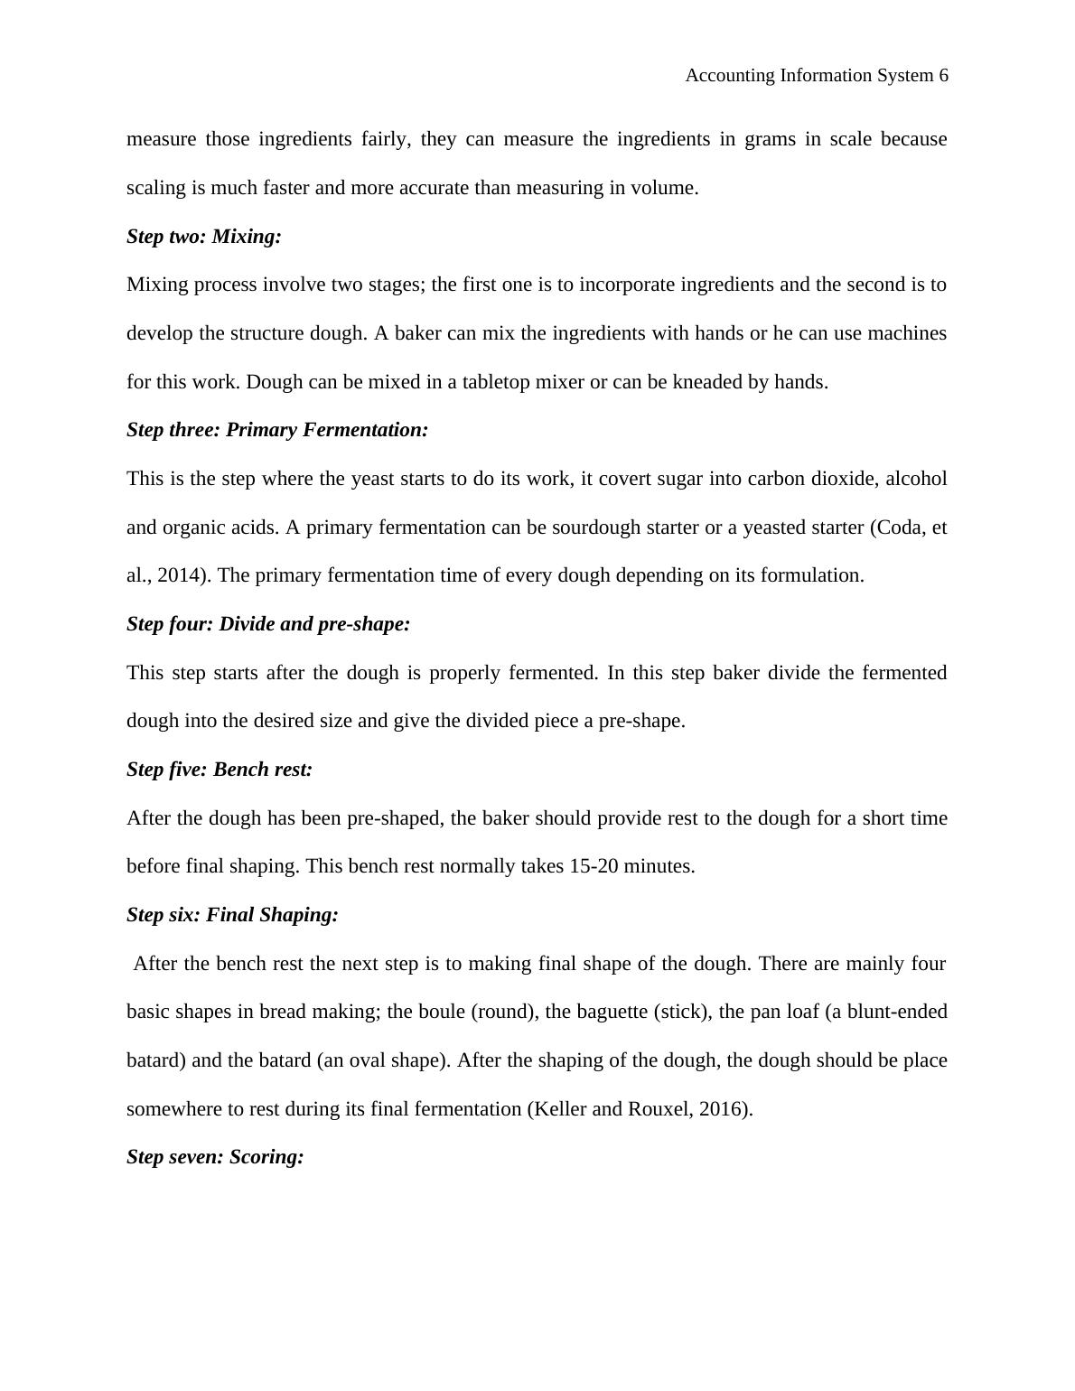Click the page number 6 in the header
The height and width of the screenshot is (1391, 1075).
coord(943,76)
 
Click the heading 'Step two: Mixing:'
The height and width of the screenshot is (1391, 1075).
coord(204,237)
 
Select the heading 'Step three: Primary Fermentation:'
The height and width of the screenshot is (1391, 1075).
coord(277,430)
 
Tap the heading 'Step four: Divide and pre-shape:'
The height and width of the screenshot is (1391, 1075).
coord(268,624)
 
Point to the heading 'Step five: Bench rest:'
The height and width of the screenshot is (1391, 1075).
coord(220,770)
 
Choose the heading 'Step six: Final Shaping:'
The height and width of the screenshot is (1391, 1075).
coord(232,915)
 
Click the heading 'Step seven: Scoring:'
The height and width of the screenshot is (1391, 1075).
coord(215,1157)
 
